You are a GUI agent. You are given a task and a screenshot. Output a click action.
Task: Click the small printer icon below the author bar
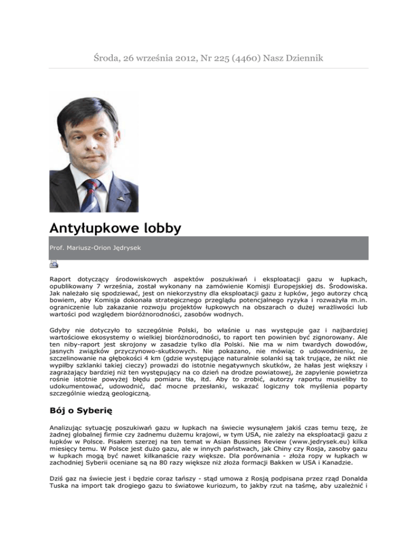coord(54,265)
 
